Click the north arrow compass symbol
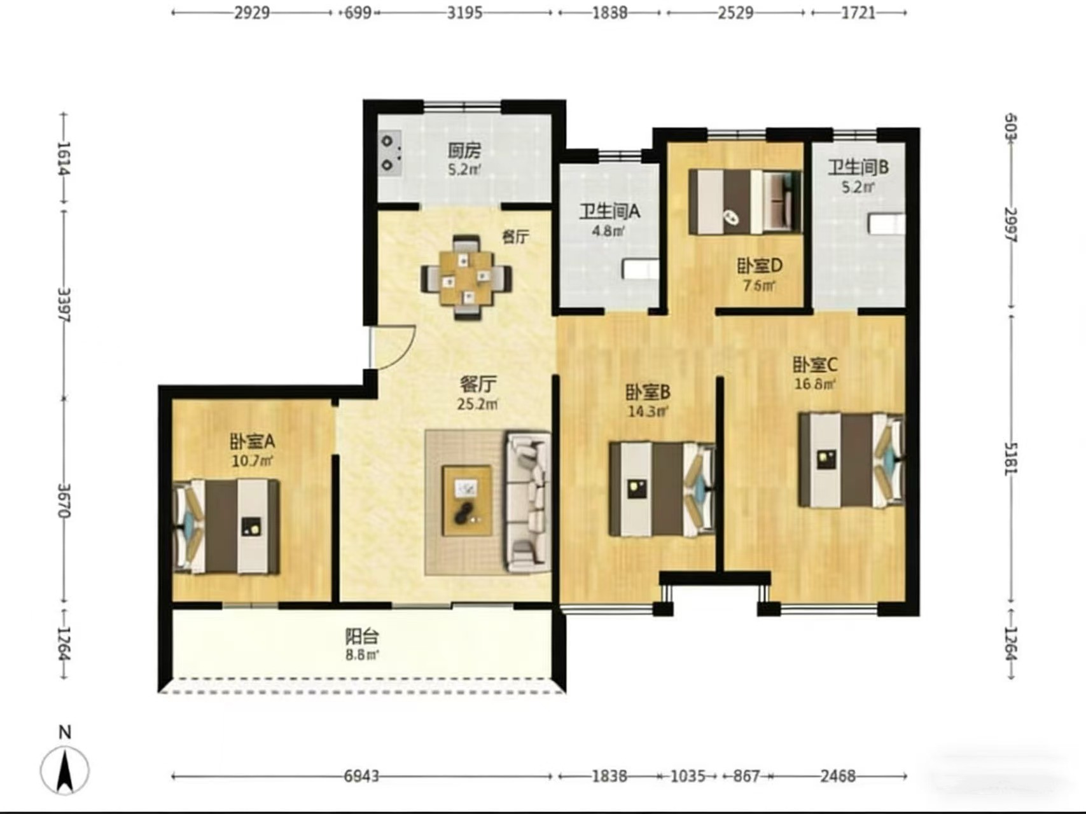click(x=65, y=770)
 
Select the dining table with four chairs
click(x=466, y=277)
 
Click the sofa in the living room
click(x=527, y=502)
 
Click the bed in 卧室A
click(x=226, y=527)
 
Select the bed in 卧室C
click(x=851, y=460)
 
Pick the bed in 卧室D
click(x=745, y=202)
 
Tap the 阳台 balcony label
click(x=362, y=636)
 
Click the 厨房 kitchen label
click(x=464, y=151)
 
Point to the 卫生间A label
click(x=609, y=212)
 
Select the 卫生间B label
click(x=858, y=167)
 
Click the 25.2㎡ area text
click(x=477, y=404)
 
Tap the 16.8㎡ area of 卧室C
click(x=815, y=384)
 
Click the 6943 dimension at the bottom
click(x=361, y=776)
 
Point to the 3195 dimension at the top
click(x=464, y=13)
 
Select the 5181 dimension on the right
click(x=1010, y=458)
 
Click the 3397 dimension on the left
click(x=64, y=305)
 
